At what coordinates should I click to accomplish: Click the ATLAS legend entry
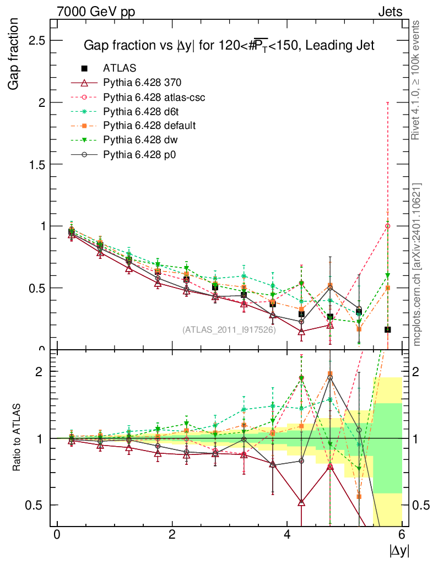point(120,68)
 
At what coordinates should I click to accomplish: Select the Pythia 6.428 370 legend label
point(142,83)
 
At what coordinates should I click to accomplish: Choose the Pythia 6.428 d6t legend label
point(140,111)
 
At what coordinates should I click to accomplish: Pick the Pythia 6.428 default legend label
point(149,126)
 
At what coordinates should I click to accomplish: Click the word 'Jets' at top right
point(390,11)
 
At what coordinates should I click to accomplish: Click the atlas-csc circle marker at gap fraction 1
point(388,226)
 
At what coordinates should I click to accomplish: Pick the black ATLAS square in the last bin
point(388,329)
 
